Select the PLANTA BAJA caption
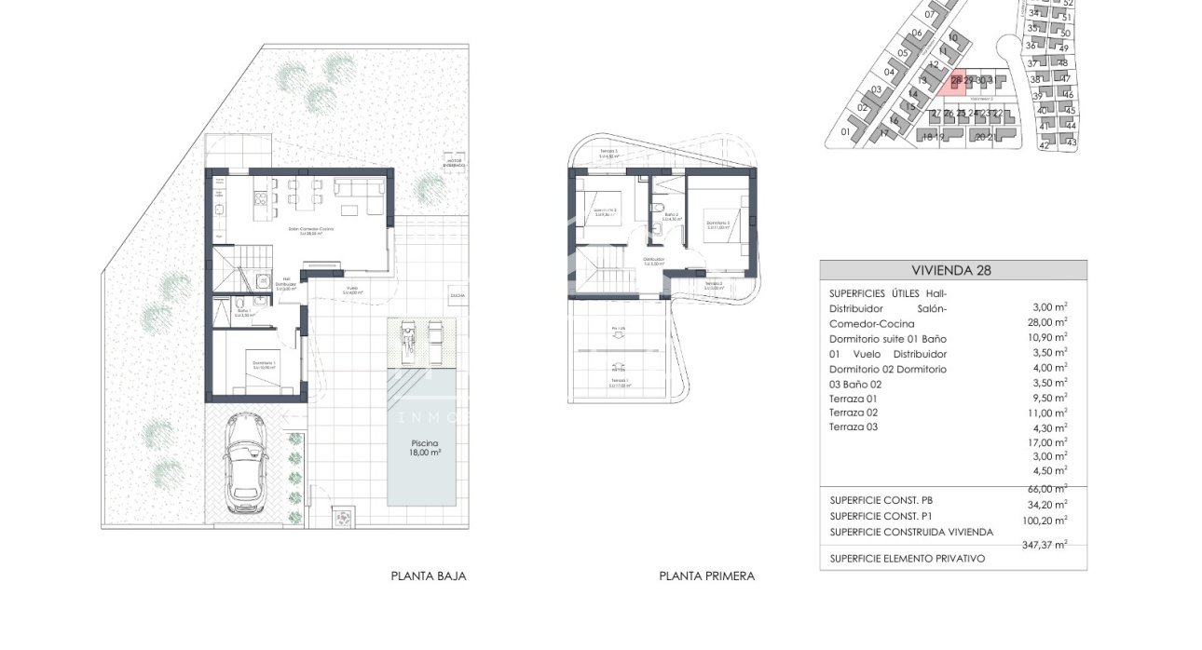[x=428, y=576]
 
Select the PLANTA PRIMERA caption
[x=706, y=576]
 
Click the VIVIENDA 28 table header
[x=952, y=271]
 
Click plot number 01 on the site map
[x=845, y=132]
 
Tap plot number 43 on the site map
[x=1071, y=142]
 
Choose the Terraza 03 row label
[x=853, y=427]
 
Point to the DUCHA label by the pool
[x=457, y=295]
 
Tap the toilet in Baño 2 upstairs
[x=659, y=208]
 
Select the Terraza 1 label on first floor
[x=618, y=381]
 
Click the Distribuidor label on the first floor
[x=653, y=260]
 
